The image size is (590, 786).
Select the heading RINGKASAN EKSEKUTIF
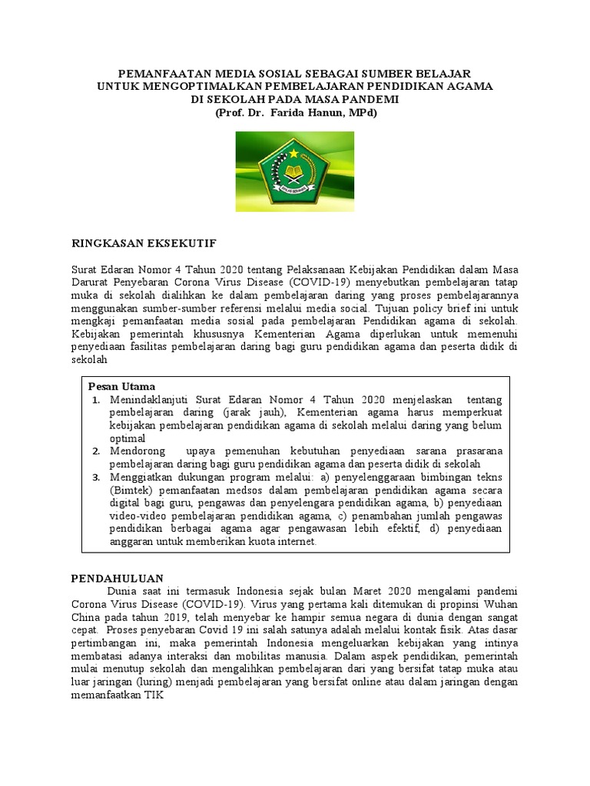pyautogui.click(x=144, y=243)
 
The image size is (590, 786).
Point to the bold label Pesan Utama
pyautogui.click(x=122, y=386)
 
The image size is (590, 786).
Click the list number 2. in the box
pyautogui.click(x=96, y=451)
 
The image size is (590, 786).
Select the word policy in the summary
pyautogui.click(x=437, y=306)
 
